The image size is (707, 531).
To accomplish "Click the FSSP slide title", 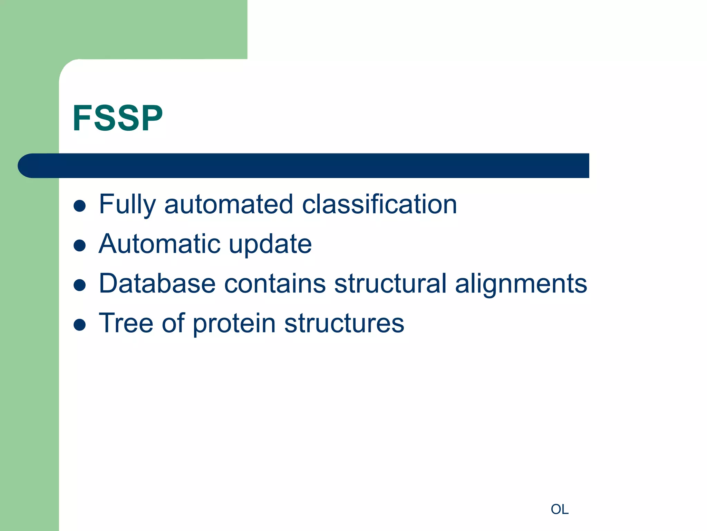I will tap(117, 118).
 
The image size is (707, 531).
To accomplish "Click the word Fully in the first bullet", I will tap(127, 205).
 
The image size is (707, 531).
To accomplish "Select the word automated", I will tap(229, 205).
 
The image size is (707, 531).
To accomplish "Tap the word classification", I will tap(379, 205).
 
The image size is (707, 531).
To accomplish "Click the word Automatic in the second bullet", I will tap(159, 244).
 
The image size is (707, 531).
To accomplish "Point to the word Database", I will tap(157, 283).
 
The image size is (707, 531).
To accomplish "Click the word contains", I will tap(275, 283).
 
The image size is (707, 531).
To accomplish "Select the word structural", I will tap(390, 283).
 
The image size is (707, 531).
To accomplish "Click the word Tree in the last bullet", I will tap(126, 323).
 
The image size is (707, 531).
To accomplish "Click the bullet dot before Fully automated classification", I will tap(80, 206).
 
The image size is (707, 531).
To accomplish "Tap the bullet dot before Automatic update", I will tap(80, 245).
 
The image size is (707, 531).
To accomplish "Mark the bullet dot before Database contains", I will tap(80, 285).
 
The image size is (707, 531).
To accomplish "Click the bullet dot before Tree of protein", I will tap(80, 325).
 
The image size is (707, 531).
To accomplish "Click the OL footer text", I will tap(559, 509).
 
